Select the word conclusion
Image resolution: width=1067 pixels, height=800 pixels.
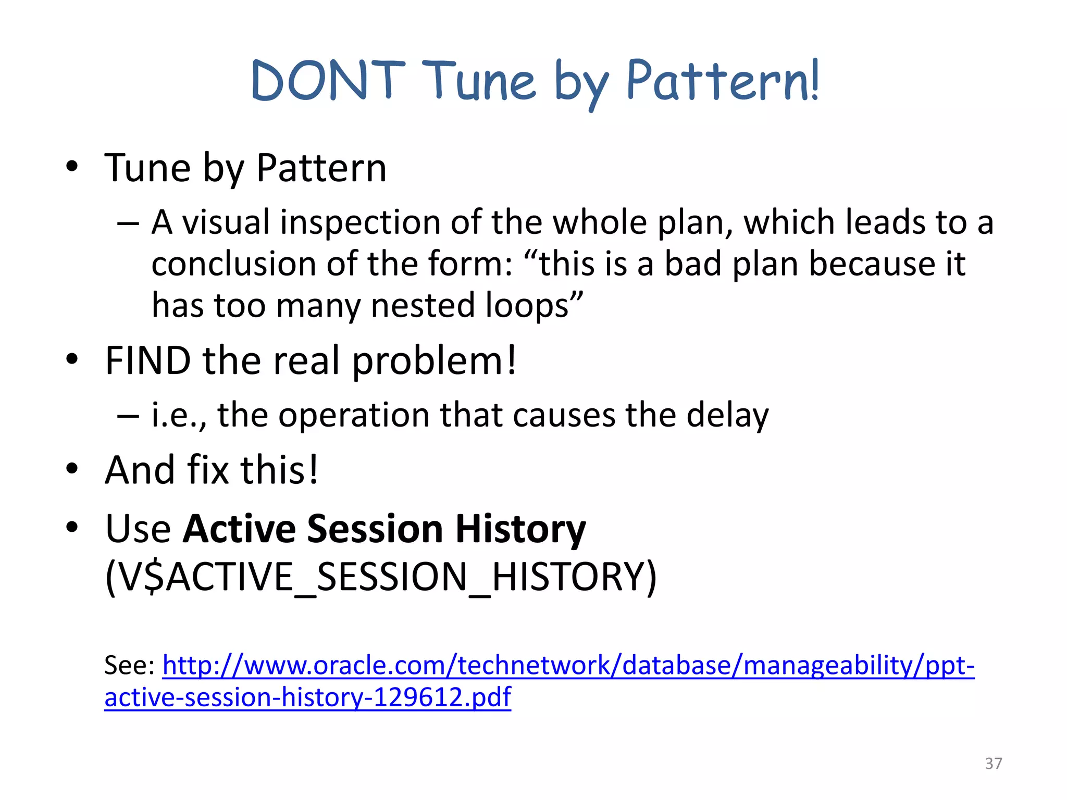pyautogui.click(x=233, y=264)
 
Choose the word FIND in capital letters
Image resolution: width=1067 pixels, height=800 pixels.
pyautogui.click(x=148, y=360)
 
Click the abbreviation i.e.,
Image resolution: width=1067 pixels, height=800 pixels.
pyautogui.click(x=179, y=416)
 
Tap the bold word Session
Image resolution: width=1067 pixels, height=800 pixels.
pyautogui.click(x=375, y=529)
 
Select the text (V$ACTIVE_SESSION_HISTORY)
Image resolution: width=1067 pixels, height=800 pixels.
pyautogui.click(x=380, y=577)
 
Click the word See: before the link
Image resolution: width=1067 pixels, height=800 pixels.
pyautogui.click(x=129, y=666)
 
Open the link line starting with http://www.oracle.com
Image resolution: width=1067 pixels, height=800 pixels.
pyautogui.click(x=568, y=666)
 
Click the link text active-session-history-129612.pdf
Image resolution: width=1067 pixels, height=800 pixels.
pyautogui.click(x=307, y=698)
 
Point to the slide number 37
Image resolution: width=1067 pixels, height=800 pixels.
pyautogui.click(x=993, y=764)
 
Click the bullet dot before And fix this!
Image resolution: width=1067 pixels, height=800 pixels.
pyautogui.click(x=72, y=469)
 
